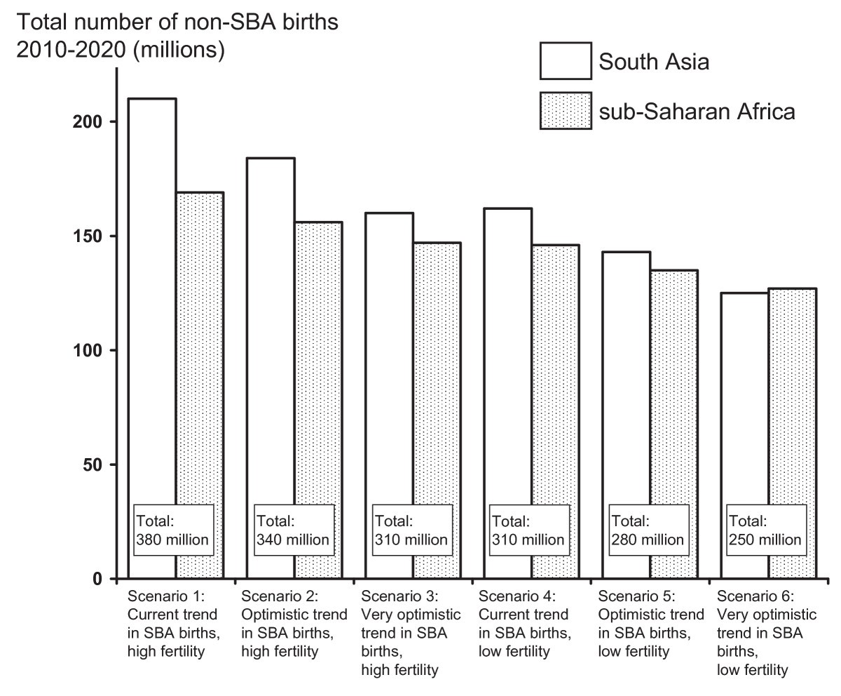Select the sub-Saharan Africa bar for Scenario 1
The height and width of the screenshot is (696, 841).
[200, 351]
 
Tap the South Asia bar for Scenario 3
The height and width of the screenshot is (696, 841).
[388, 351]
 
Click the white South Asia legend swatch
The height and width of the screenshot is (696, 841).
[565, 62]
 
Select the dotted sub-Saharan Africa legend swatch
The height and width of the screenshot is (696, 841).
[565, 111]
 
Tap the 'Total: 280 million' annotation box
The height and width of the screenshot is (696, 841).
[646, 531]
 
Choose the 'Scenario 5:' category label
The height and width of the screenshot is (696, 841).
[636, 597]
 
